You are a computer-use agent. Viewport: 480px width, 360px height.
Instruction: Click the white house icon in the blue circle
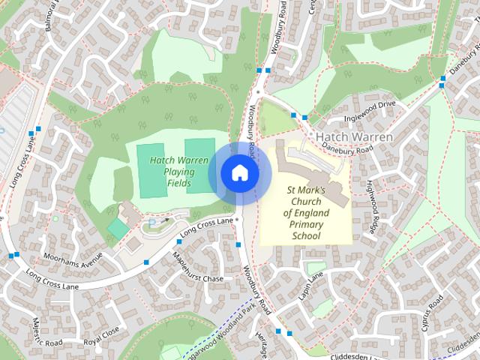[239, 173]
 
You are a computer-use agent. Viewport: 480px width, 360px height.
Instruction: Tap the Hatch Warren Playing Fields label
[178, 172]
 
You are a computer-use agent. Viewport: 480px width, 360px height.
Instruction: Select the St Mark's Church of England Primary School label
[306, 213]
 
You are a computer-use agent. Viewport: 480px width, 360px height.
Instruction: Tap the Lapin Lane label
[309, 286]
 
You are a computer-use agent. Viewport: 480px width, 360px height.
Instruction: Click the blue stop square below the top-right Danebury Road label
[442, 87]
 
